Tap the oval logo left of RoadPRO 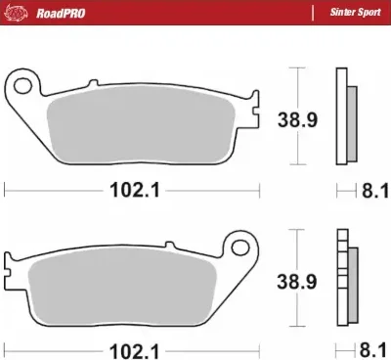point(18,14)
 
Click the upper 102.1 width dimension point(136,192)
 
